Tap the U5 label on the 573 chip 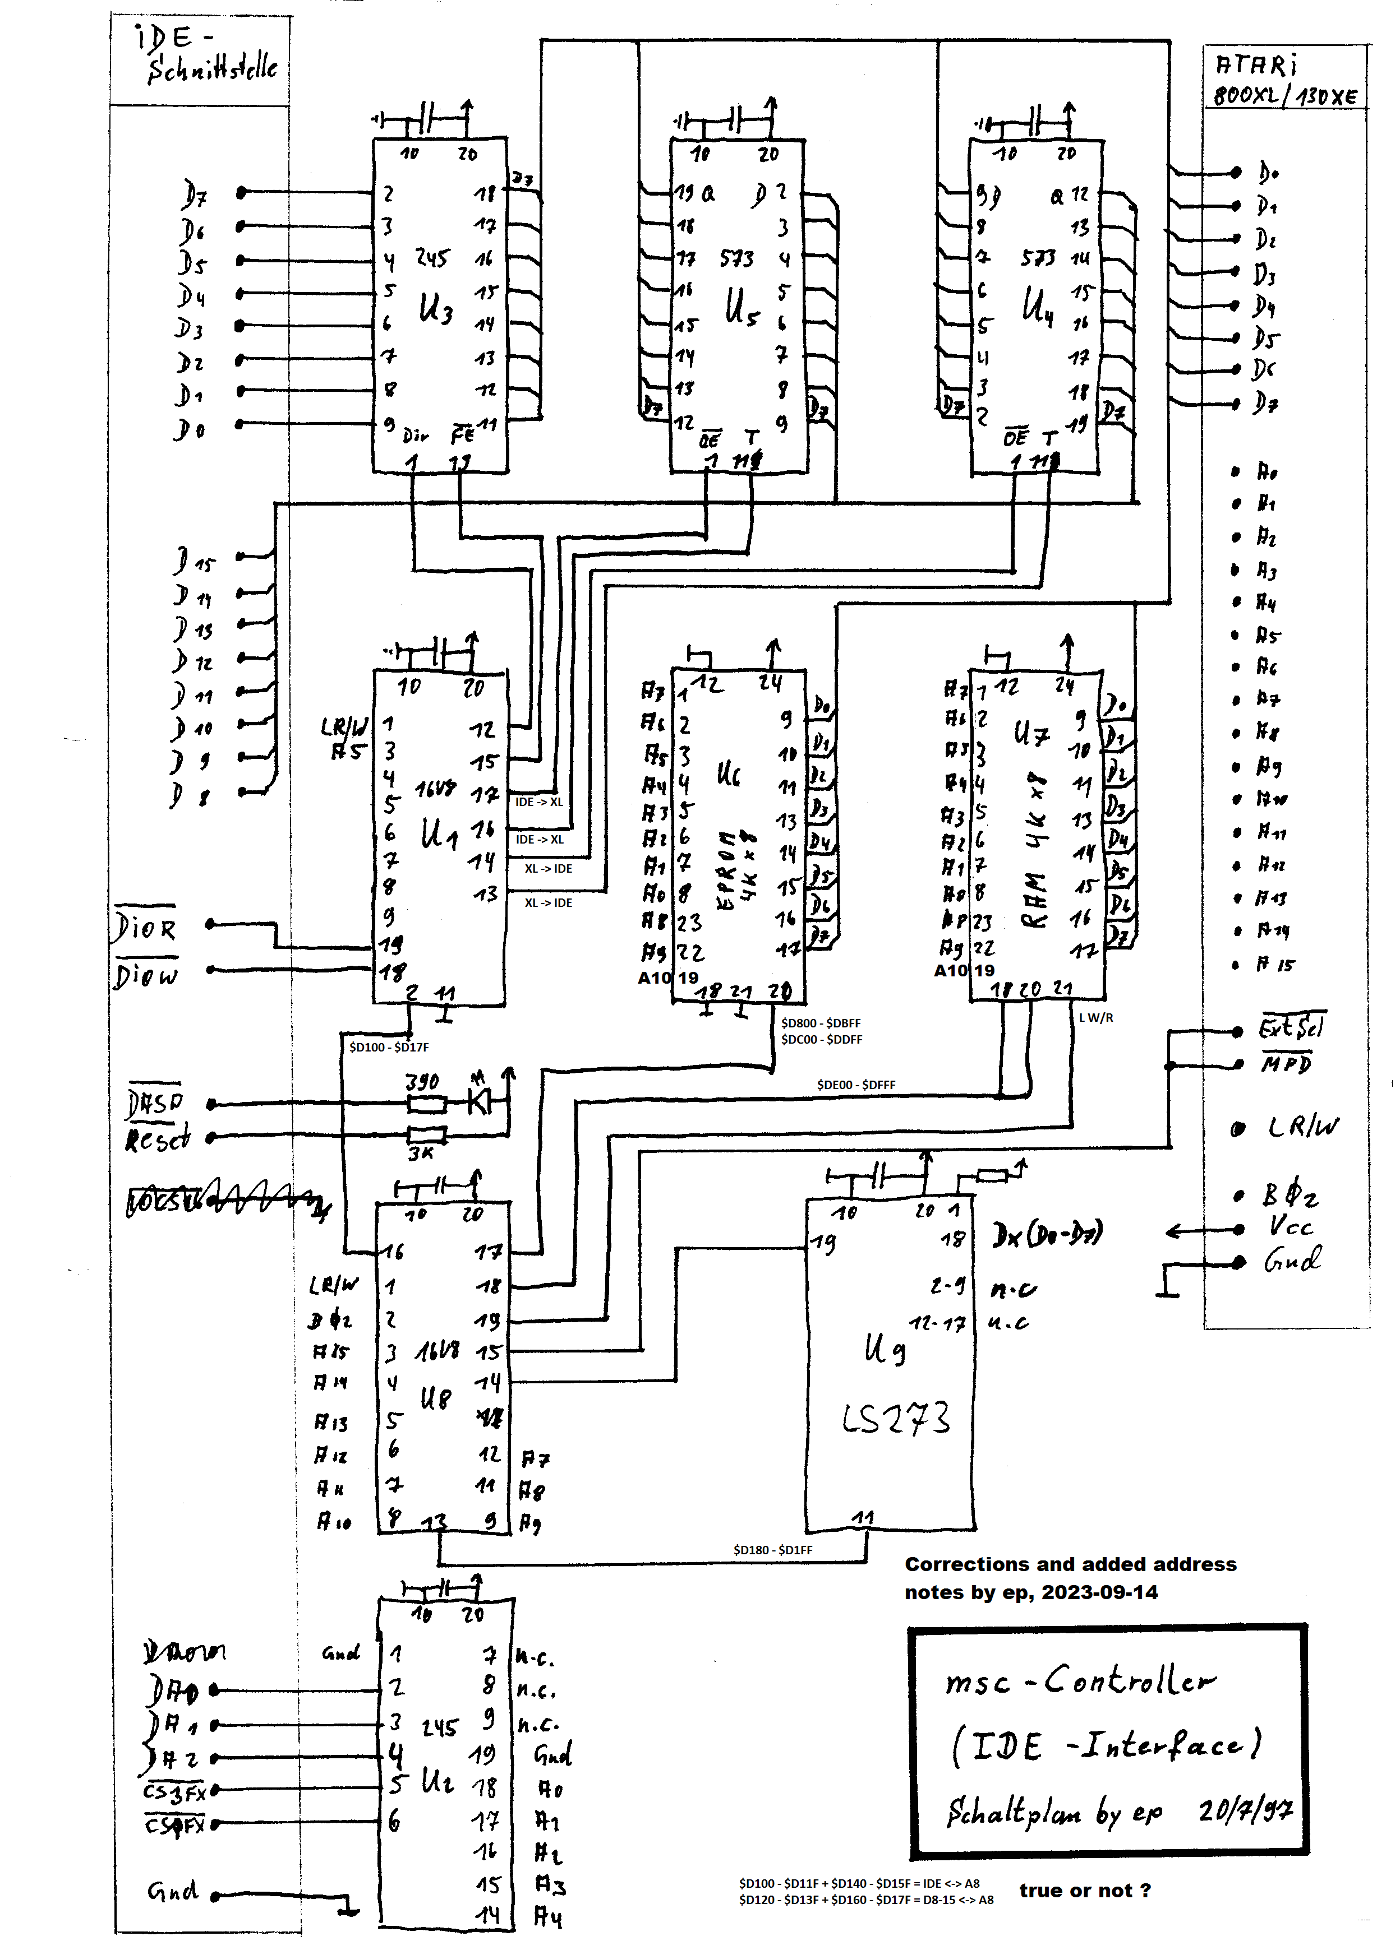[x=742, y=307]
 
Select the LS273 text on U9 [x=895, y=1418]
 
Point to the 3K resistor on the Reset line [x=426, y=1136]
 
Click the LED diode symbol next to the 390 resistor [x=480, y=1102]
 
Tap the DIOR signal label [x=146, y=928]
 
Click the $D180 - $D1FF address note [x=772, y=1549]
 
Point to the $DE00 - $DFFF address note [x=855, y=1085]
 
